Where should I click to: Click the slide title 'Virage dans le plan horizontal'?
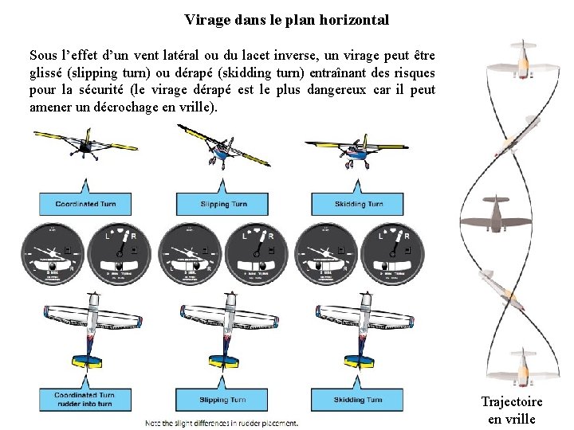point(286,20)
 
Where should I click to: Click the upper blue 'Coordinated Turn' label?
point(86,204)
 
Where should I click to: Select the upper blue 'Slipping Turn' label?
point(224,204)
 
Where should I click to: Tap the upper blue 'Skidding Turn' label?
point(359,204)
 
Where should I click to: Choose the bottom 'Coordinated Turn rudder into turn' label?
point(85,399)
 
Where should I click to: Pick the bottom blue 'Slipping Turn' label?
point(223,400)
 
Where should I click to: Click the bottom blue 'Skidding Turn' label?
point(359,400)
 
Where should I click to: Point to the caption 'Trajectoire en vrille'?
point(511,410)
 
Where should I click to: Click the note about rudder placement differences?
point(222,422)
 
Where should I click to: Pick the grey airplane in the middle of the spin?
point(496,213)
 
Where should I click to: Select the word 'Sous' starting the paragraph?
point(43,56)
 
